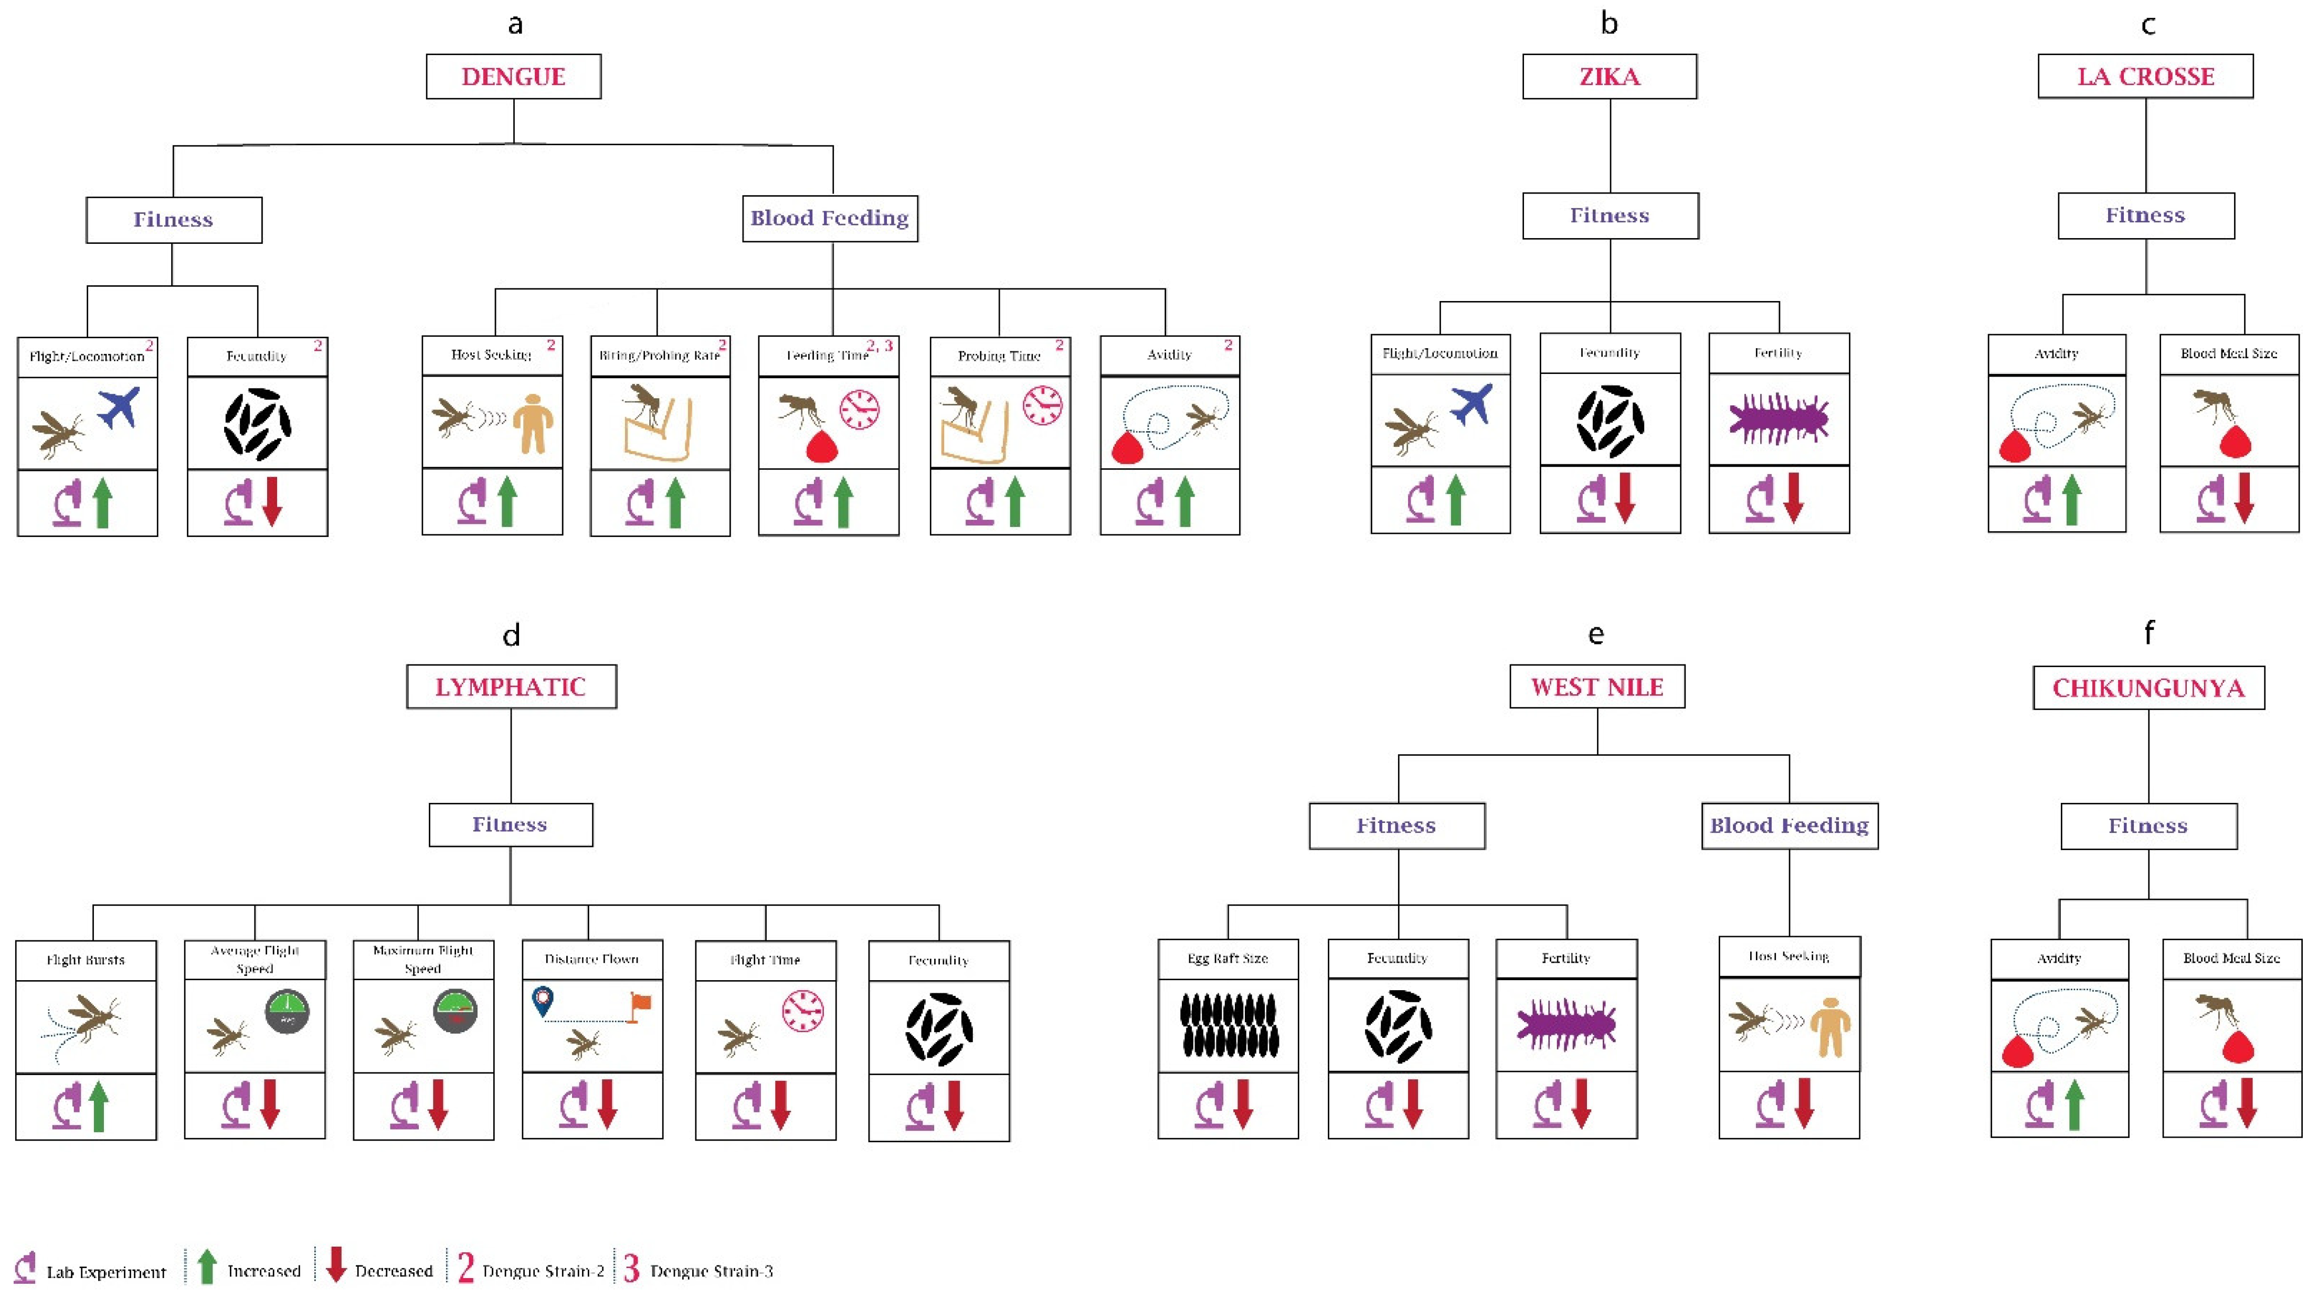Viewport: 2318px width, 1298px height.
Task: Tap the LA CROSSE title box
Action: (2145, 77)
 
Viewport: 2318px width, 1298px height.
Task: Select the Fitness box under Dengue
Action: (174, 220)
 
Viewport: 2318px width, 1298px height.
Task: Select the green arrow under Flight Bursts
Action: (99, 1107)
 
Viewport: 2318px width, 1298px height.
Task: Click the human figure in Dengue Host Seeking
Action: (533, 423)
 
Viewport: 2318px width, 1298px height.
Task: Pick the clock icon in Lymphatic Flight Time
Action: (802, 1010)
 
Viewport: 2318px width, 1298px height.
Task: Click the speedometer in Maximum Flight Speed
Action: (456, 1011)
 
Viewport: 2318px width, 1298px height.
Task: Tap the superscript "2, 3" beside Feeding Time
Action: (879, 346)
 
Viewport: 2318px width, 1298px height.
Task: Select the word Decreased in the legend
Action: (393, 1271)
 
